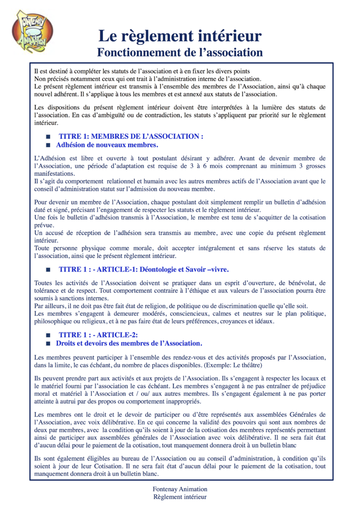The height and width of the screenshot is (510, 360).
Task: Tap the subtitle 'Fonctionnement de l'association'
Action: pos(180,51)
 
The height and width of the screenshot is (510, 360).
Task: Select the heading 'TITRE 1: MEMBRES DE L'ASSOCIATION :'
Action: pos(131,136)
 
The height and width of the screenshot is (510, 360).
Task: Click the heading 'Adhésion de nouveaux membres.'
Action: pos(107,144)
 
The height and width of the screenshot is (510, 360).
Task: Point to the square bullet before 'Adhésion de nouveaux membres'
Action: pos(48,145)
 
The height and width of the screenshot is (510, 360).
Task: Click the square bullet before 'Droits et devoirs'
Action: pos(48,343)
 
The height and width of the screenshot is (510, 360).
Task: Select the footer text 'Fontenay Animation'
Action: pos(180,489)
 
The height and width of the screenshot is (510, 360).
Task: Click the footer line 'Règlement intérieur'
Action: pos(180,497)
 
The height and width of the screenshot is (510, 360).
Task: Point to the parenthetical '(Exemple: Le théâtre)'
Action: pos(228,365)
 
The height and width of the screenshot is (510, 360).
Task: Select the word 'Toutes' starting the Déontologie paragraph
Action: pos(44,282)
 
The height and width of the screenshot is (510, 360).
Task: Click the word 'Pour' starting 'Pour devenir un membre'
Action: pos(42,202)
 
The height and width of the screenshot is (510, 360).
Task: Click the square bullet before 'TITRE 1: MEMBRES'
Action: pos(48,136)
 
